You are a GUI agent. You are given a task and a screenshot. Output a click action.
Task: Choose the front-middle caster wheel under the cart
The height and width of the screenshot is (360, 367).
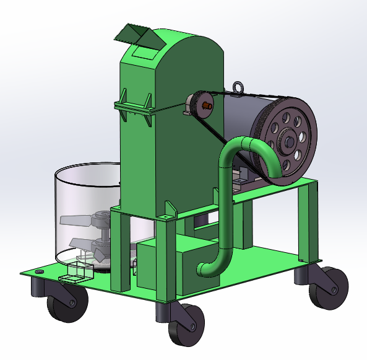point(186,325)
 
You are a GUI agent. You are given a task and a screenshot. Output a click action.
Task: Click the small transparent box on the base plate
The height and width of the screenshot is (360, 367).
point(78,272)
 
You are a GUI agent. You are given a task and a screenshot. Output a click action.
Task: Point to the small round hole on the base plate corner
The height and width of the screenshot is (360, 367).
point(40,272)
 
